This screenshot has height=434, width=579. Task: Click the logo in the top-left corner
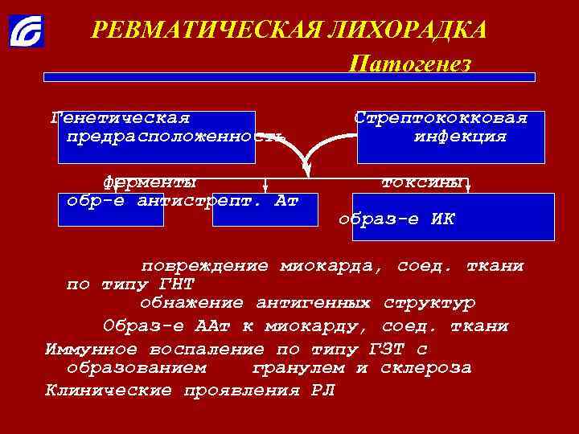(x=27, y=31)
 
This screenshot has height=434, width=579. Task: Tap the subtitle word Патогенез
(x=410, y=63)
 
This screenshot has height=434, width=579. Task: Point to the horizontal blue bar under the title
(x=289, y=77)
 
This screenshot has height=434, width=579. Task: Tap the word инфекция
(x=460, y=137)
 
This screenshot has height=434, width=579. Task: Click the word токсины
(x=422, y=182)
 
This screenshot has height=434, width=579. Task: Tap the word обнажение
(x=191, y=304)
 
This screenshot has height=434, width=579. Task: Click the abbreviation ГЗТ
(x=383, y=350)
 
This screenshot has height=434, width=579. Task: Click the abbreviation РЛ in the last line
(x=319, y=391)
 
